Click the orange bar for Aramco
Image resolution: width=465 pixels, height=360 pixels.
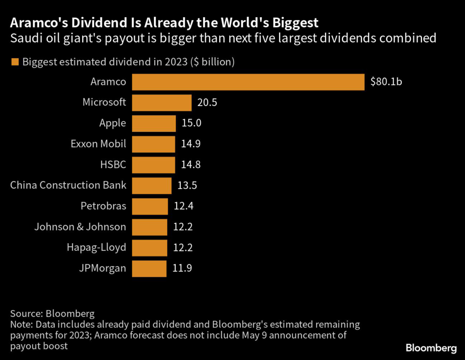point(248,82)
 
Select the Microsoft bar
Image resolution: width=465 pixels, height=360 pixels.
point(162,103)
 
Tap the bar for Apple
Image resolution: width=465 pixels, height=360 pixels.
point(154,123)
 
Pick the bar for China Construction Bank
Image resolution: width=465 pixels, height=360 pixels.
point(152,185)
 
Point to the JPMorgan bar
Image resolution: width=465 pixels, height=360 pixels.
point(149,268)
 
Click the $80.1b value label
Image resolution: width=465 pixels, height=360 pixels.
point(386,82)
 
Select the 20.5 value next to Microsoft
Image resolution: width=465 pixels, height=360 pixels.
point(207,103)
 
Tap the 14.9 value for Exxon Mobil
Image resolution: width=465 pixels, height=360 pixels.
point(191,144)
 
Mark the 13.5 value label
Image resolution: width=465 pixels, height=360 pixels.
point(187,185)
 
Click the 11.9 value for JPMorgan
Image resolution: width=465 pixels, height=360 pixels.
point(182,268)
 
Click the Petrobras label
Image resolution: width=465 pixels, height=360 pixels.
point(103,206)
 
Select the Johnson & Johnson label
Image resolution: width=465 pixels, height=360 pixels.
point(80,227)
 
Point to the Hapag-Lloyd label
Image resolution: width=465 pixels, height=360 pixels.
point(96,248)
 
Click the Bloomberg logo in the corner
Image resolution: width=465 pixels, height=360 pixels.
point(431,349)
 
